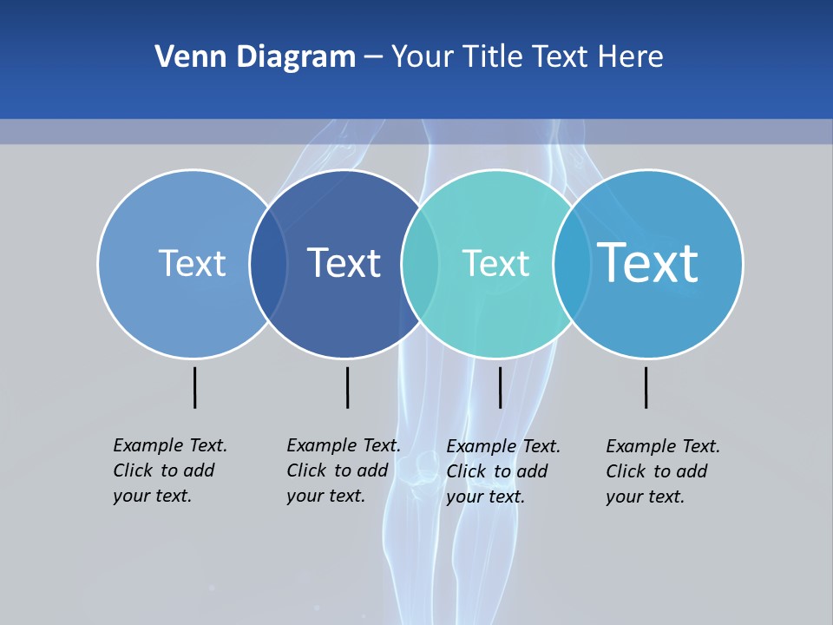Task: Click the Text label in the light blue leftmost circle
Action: click(192, 263)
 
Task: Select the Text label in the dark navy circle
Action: click(344, 263)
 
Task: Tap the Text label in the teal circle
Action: click(495, 263)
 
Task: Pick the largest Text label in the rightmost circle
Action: click(647, 262)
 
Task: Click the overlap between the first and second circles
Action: click(269, 264)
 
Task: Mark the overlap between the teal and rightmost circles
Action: click(572, 264)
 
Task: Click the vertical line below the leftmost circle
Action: click(195, 387)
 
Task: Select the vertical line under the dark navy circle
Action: click(347, 387)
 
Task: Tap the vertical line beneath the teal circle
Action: click(500, 387)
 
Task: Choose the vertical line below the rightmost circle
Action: click(646, 387)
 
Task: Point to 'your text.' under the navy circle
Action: click(325, 496)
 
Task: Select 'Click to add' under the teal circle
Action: click(496, 471)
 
